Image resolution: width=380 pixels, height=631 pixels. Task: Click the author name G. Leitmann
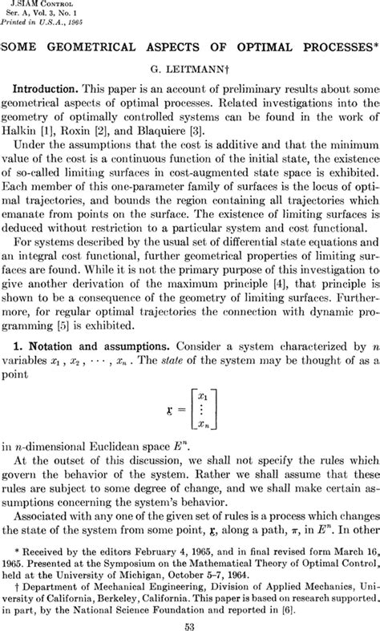(x=190, y=71)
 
